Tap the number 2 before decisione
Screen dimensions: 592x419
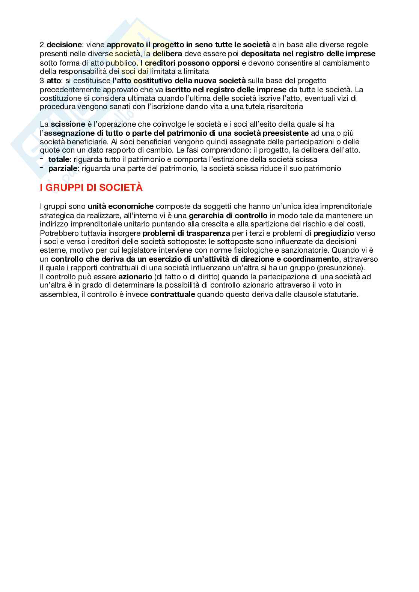pos(42,45)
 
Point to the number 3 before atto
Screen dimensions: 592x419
pos(42,81)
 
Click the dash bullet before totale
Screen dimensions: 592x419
pos(42,159)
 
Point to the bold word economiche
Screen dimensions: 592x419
pos(131,206)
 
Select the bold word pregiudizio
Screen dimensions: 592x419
pos(334,233)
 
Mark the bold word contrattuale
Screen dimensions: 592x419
pos(173,294)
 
